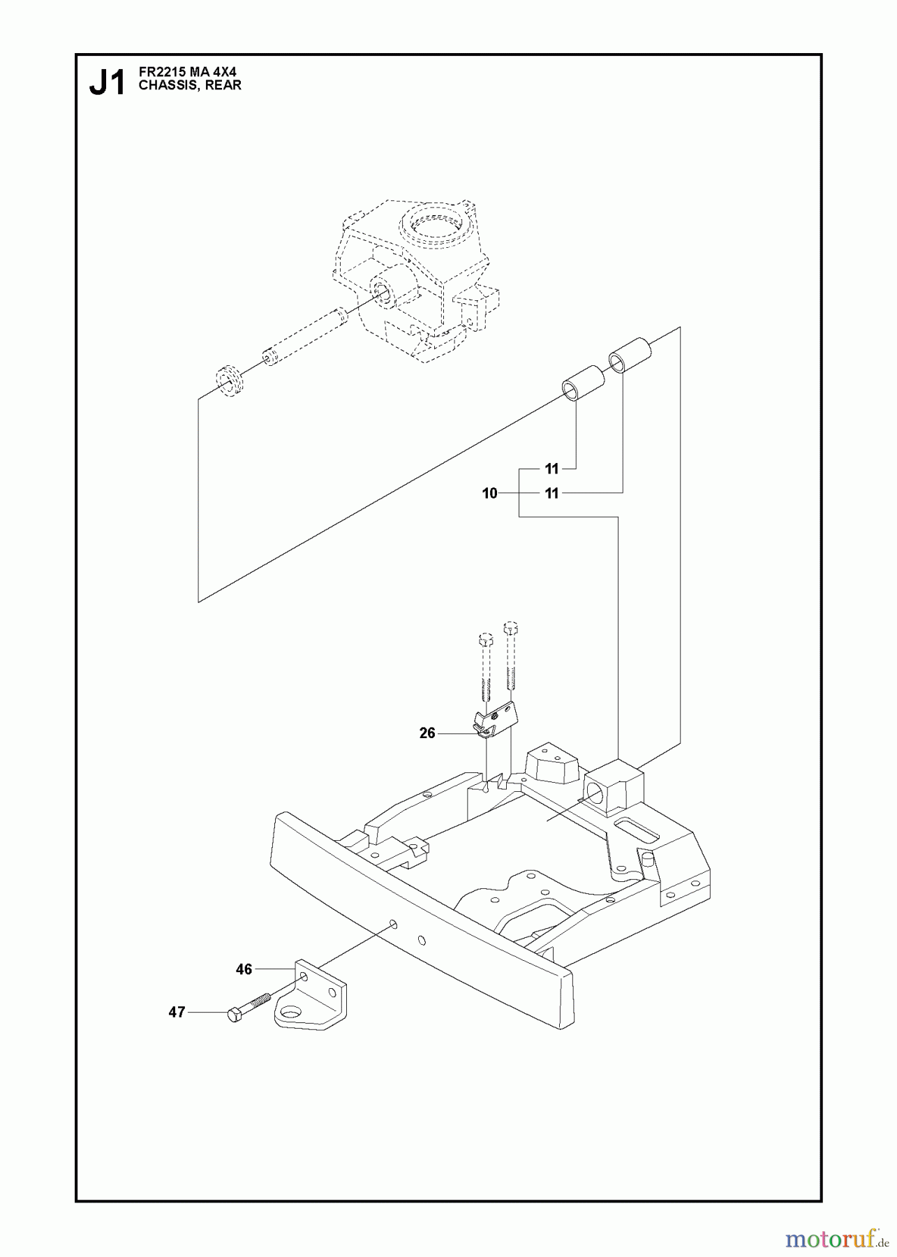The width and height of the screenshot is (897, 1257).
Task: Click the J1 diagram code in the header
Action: [107, 83]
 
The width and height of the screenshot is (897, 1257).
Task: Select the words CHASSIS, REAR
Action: [190, 85]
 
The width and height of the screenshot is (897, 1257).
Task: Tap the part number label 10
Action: [489, 494]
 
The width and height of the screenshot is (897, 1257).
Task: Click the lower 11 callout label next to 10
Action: [552, 494]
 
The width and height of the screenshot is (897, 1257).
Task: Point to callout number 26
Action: [427, 733]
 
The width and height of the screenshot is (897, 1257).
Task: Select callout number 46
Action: [244, 969]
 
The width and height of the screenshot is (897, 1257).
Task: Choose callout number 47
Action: [177, 1011]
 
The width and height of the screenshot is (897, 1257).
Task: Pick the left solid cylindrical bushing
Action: [583, 382]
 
